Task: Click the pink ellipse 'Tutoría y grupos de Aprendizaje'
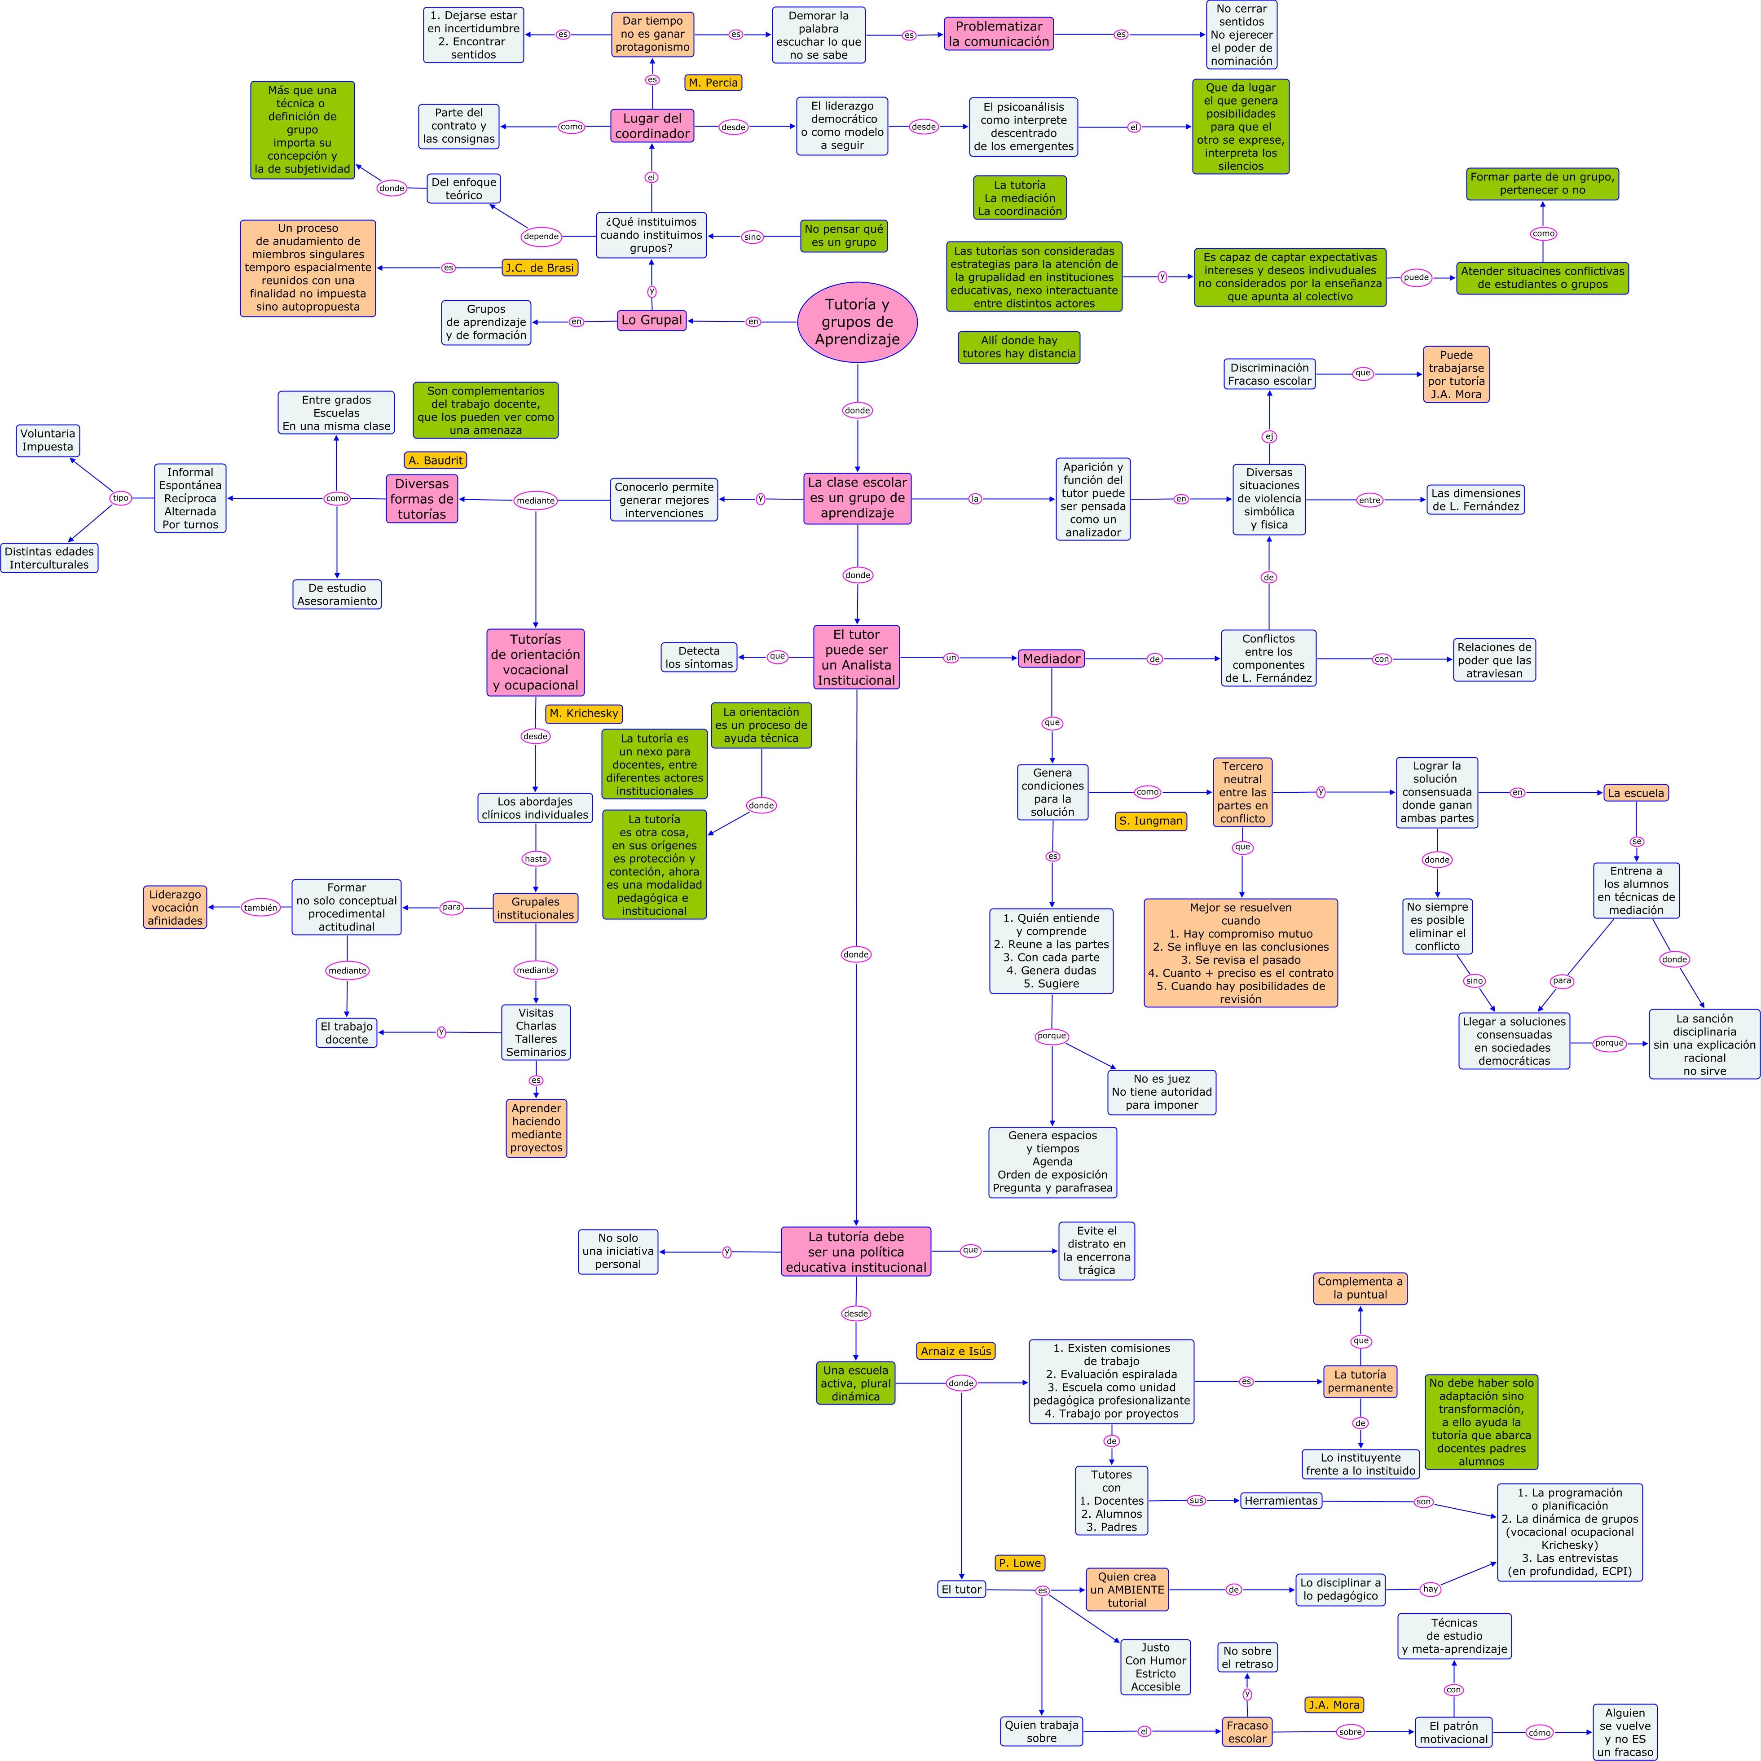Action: tap(857, 322)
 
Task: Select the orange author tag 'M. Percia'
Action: tap(713, 83)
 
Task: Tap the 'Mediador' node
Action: tap(1051, 658)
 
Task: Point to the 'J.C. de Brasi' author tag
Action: tap(540, 268)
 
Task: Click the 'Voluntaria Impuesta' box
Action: tap(48, 440)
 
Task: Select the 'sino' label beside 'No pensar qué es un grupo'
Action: tap(752, 237)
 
